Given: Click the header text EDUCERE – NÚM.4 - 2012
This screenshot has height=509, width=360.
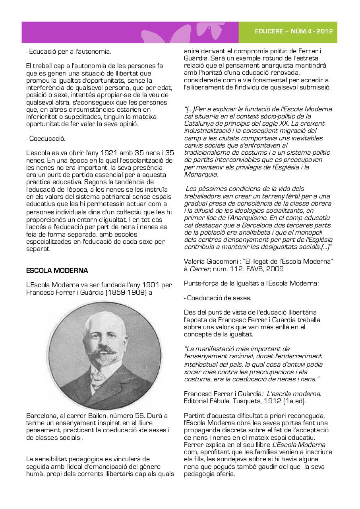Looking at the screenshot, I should click(x=294, y=32).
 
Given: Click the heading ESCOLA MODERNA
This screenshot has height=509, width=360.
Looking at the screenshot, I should click(x=57, y=270).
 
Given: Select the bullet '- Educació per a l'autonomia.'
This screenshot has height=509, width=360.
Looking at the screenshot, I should click(x=68, y=51).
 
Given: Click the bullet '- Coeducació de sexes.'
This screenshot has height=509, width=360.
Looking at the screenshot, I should click(x=217, y=298).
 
